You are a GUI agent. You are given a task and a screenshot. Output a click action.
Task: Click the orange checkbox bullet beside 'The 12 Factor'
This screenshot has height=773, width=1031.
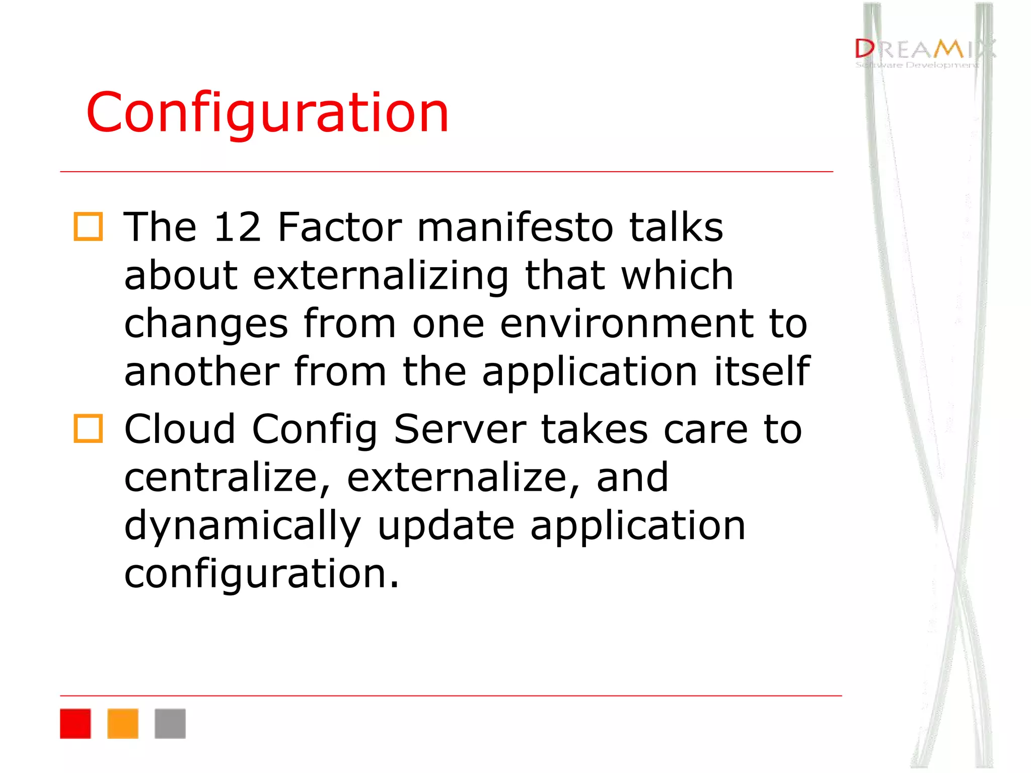tap(89, 227)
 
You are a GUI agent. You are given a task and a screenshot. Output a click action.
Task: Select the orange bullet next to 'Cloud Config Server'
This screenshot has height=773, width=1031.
tap(89, 429)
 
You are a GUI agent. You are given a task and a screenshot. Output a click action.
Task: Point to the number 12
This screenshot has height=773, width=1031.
tap(237, 227)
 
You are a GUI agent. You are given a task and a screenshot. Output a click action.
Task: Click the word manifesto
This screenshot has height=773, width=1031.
tap(515, 227)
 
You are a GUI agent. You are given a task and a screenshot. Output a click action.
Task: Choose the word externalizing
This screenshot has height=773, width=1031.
tap(381, 276)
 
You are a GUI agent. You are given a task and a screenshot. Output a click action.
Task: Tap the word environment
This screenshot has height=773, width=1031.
tap(626, 324)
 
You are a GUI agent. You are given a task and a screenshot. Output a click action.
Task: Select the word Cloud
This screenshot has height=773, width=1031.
tap(180, 429)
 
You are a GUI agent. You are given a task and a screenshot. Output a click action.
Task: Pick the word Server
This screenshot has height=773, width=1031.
tap(460, 429)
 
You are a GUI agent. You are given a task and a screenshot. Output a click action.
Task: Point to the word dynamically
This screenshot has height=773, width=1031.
tap(243, 526)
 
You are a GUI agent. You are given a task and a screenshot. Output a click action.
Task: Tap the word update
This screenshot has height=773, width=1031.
tap(446, 526)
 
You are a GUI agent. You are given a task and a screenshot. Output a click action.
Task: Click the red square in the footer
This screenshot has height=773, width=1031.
tap(76, 724)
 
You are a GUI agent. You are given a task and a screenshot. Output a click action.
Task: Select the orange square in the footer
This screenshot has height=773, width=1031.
tap(123, 724)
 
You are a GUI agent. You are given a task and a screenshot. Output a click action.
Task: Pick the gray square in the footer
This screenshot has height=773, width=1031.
tap(170, 724)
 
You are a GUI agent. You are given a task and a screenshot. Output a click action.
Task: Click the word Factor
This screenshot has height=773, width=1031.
tap(340, 227)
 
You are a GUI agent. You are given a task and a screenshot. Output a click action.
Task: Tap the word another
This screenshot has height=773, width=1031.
tap(201, 371)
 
